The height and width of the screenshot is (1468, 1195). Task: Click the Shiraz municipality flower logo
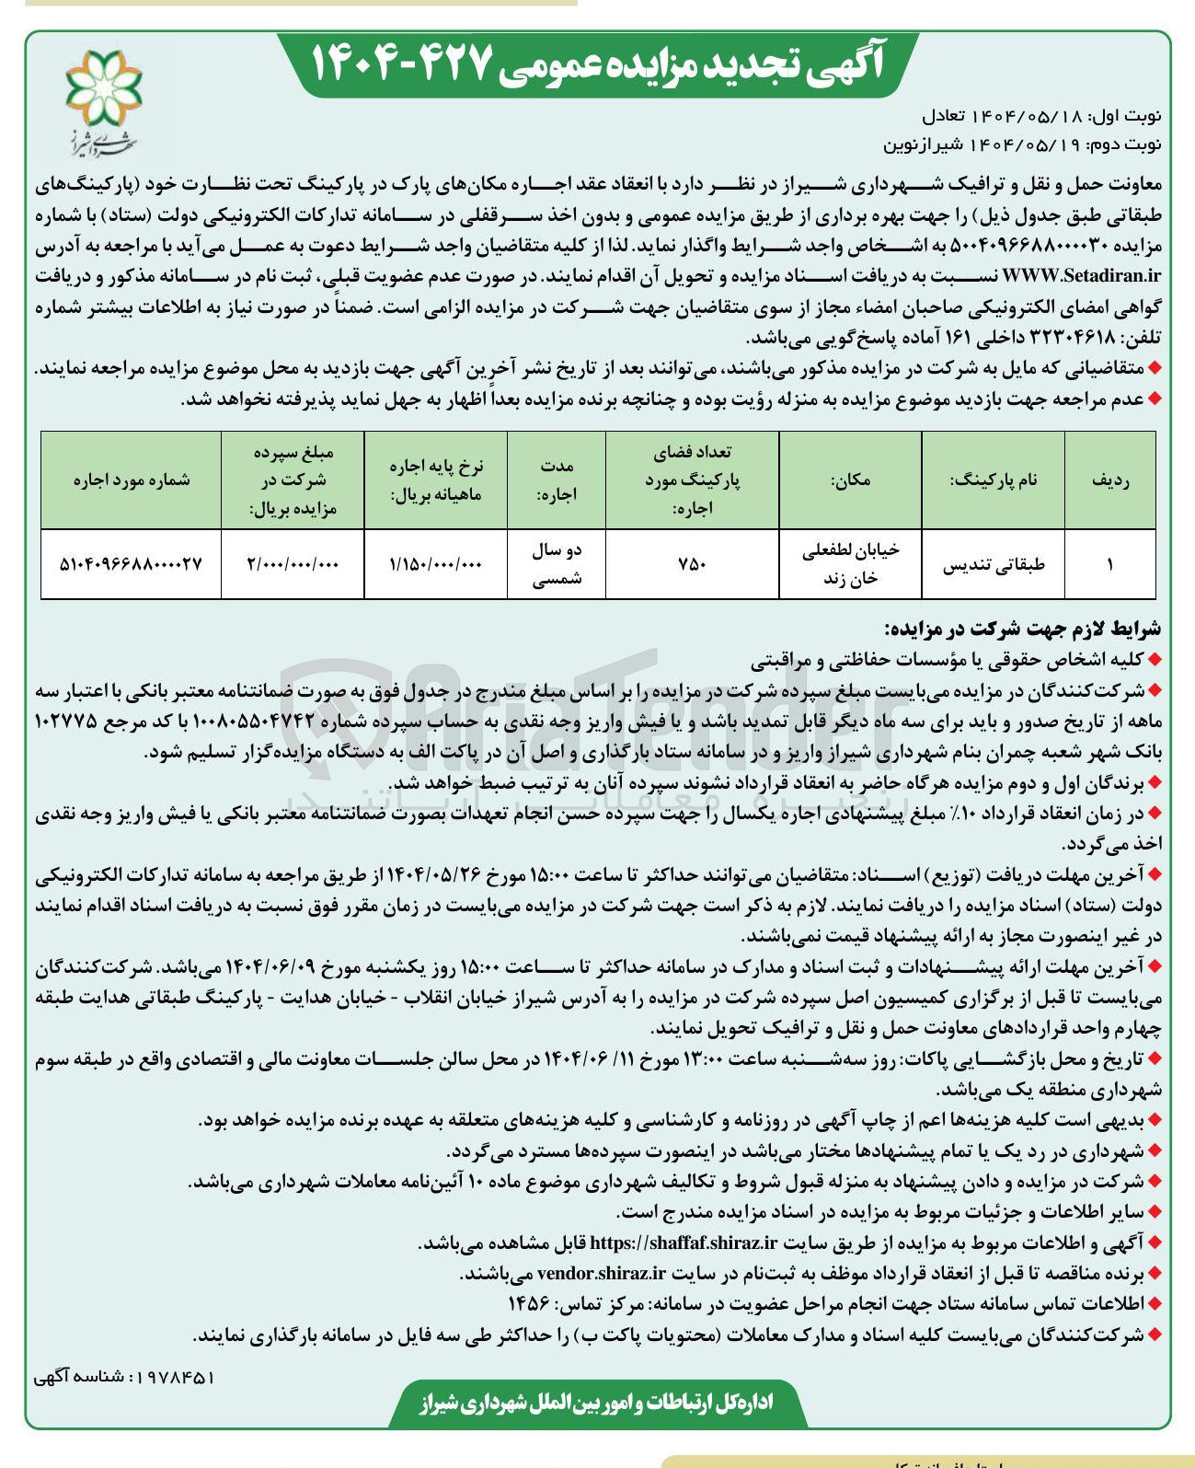coord(103,88)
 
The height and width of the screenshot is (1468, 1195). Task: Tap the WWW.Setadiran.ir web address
coord(1079,275)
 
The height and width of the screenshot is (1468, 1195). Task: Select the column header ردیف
coord(1109,480)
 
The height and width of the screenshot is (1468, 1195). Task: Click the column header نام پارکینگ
coord(994,480)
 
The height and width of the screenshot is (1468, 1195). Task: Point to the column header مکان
coord(850,480)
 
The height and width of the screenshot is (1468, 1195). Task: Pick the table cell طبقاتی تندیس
coord(994,565)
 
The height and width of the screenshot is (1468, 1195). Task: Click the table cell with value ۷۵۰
coord(692,565)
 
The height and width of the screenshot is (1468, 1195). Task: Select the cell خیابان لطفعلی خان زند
coord(850,564)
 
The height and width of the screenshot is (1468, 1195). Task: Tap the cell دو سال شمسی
coord(557,564)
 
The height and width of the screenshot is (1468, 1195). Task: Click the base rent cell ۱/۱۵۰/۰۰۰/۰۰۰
coord(436,565)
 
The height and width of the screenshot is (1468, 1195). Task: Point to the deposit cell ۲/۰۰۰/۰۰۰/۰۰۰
coord(293,565)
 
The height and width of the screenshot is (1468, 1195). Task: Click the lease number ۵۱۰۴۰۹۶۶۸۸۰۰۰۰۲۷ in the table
coord(131,565)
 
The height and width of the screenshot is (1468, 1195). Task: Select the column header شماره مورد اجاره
coord(132,480)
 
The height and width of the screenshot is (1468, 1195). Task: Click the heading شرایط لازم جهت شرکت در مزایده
coord(1022,630)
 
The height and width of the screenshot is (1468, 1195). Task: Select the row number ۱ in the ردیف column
coord(1109,565)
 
